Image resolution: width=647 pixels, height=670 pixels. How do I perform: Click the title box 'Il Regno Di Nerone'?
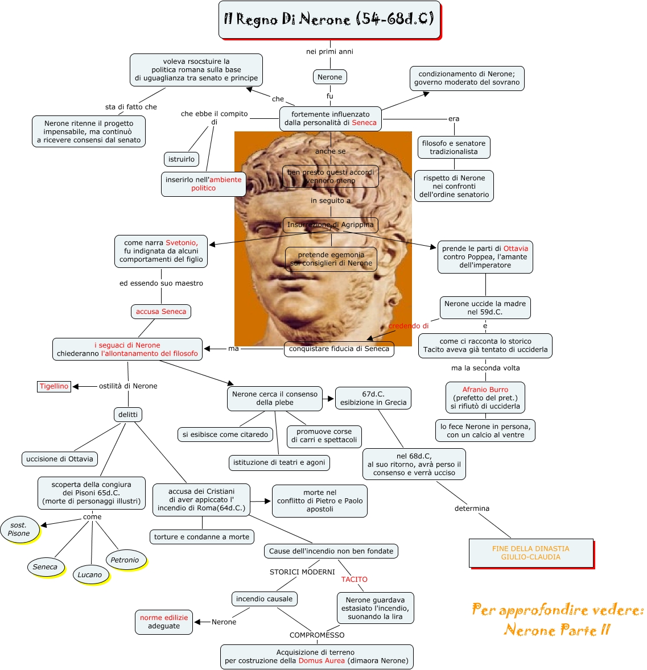tap(329, 20)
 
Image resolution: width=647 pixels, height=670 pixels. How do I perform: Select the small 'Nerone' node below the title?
tap(329, 77)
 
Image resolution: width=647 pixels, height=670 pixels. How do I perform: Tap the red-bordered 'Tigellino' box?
tap(54, 386)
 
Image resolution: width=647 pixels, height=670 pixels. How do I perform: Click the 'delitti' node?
tap(128, 415)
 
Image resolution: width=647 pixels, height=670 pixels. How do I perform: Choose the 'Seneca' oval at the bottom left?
tap(45, 567)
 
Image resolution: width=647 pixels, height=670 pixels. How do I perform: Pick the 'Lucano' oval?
tap(90, 575)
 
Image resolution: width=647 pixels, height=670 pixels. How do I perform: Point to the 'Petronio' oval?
tap(125, 560)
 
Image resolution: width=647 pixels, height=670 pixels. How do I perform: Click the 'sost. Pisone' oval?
tap(19, 530)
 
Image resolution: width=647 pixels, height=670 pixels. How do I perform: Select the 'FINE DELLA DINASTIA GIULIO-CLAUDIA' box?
tap(531, 553)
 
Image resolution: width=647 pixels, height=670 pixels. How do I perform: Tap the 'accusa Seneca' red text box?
tap(161, 312)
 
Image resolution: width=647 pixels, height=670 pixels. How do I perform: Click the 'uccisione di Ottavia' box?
tap(60, 459)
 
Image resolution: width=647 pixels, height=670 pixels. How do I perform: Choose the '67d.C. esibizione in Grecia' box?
tap(373, 398)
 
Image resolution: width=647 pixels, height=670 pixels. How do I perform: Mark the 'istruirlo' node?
tap(182, 159)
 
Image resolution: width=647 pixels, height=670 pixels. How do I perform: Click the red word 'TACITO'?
tap(355, 580)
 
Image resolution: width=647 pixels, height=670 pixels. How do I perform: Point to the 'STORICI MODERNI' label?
tap(302, 572)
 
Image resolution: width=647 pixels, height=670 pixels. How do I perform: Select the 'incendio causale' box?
tap(264, 599)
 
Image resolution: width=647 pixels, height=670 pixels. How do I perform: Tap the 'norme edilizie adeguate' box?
tap(164, 622)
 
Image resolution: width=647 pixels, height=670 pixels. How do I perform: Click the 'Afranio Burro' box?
tap(485, 398)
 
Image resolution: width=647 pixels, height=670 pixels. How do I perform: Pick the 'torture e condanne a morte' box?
tap(202, 537)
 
